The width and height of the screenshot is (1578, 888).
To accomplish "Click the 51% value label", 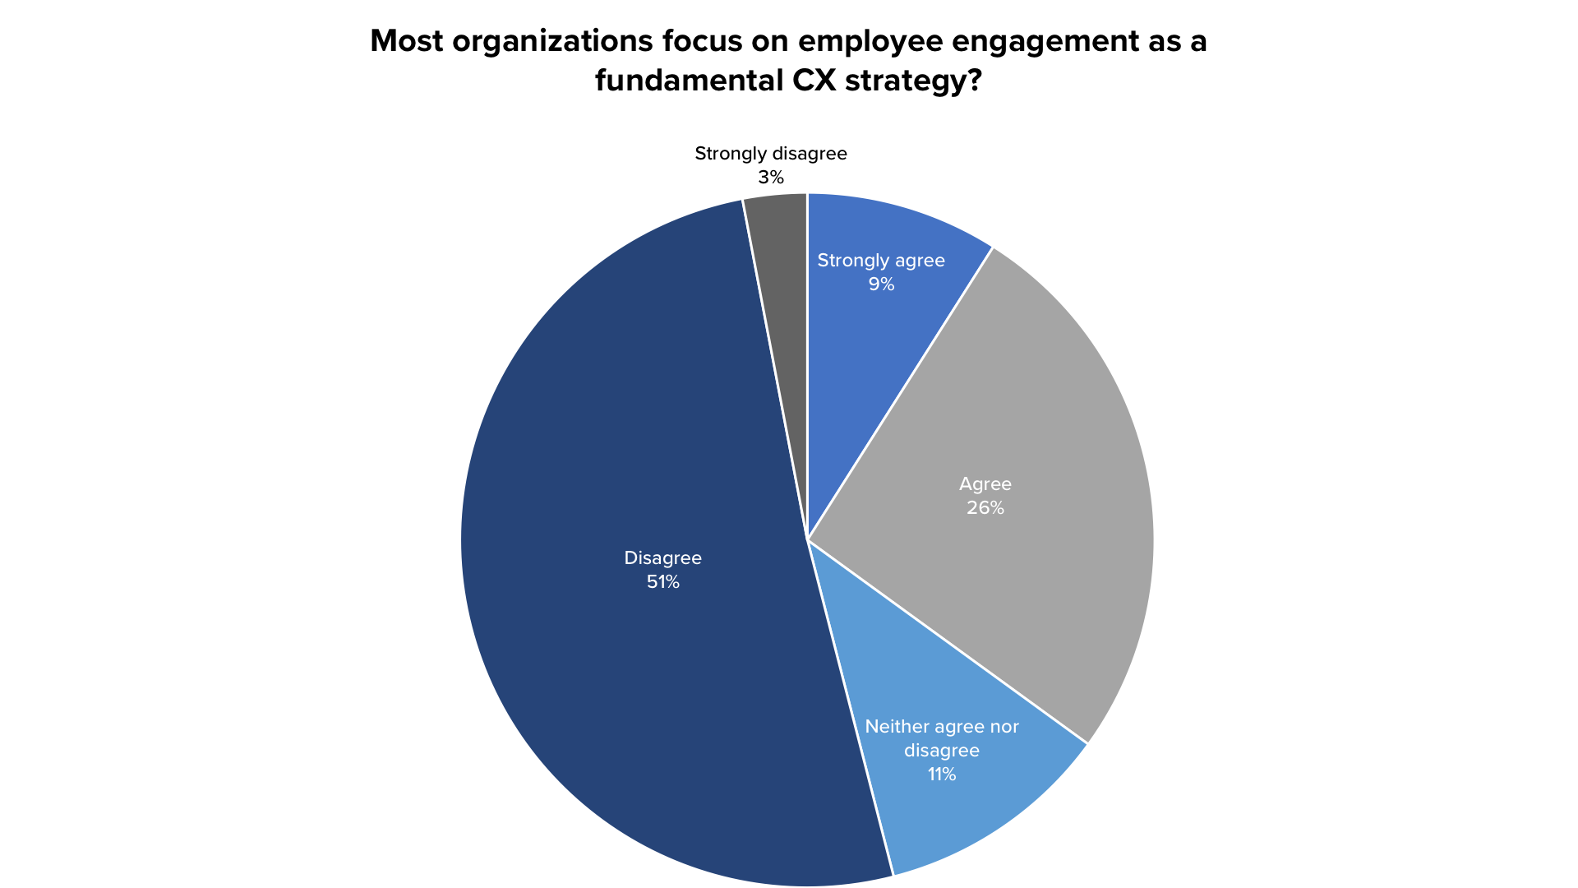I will [x=662, y=582].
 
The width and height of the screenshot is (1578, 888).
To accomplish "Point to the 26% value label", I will [x=985, y=508].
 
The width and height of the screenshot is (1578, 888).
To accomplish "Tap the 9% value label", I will [x=881, y=284].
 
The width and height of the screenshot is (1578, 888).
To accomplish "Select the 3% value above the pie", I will [x=771, y=178].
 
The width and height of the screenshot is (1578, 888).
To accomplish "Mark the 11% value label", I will [x=942, y=775].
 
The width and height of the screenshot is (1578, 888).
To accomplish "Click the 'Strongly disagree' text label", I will [x=771, y=154].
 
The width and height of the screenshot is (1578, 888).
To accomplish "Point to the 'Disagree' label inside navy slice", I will [x=662, y=558].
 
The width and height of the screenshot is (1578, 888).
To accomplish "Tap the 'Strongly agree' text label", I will [x=881, y=261].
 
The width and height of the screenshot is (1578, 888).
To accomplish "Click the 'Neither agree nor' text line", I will [x=942, y=727].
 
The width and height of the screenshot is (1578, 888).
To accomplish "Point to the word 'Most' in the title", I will [x=406, y=41].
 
